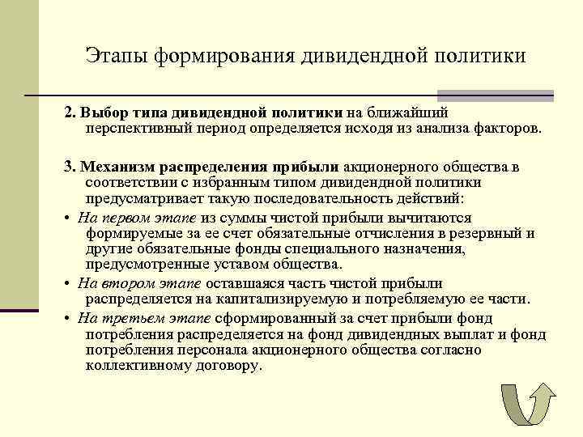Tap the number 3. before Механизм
71,168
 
